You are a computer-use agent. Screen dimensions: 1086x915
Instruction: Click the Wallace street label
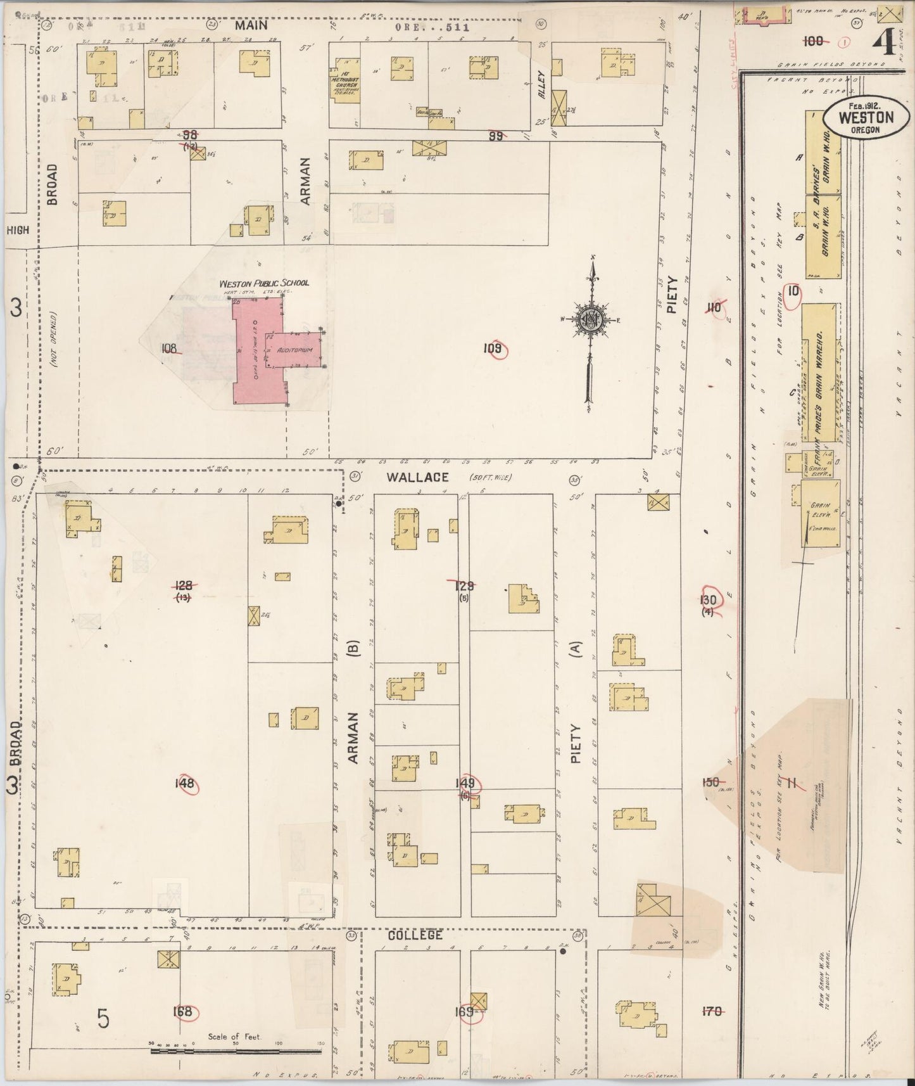coord(420,477)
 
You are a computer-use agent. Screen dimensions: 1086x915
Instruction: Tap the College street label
coord(415,935)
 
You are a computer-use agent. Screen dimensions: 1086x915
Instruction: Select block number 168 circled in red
coord(183,1011)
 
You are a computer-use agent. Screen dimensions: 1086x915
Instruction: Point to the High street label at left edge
coord(18,231)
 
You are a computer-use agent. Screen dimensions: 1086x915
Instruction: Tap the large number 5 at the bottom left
coord(103,1018)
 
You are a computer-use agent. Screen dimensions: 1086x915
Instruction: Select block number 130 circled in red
coord(708,600)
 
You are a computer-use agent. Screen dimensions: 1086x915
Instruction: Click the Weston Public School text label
coord(264,283)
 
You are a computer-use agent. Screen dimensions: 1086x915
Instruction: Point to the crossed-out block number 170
coord(712,1012)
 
